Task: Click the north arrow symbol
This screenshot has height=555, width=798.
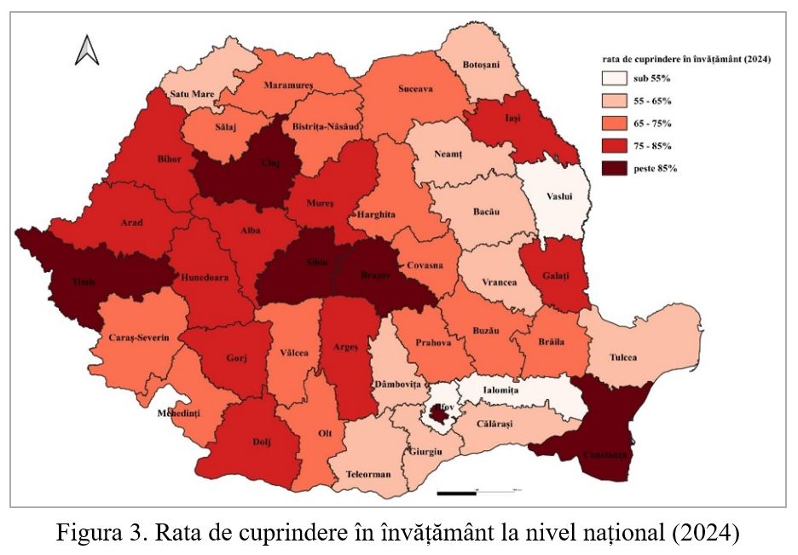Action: (x=87, y=50)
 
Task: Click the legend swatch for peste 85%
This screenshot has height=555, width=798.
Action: (x=610, y=168)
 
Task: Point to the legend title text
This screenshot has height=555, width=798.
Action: (x=682, y=61)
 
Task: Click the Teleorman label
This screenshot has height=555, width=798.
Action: (x=369, y=474)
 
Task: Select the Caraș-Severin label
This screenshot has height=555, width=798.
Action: (x=139, y=338)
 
